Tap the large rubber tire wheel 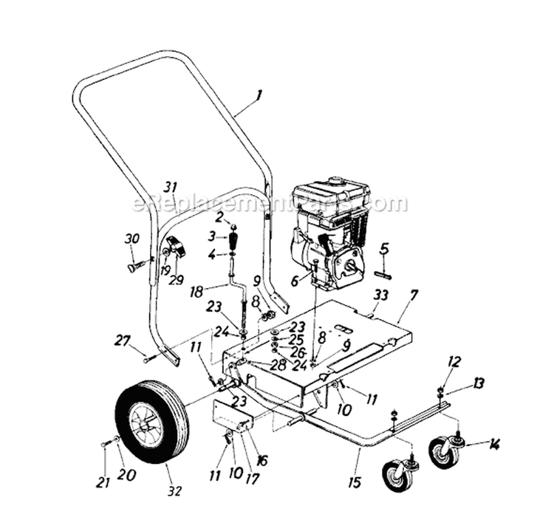[x=151, y=420]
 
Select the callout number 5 [x=385, y=247]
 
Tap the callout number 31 [x=171, y=186]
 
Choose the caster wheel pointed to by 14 [x=444, y=451]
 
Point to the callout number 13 [x=479, y=383]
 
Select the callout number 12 [x=454, y=361]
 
